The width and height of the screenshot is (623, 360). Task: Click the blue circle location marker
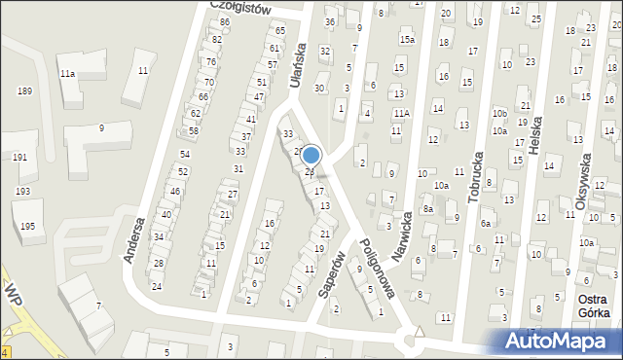pos(311,156)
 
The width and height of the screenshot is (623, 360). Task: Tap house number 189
pos(24,90)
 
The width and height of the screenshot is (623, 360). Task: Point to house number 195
pos(27,226)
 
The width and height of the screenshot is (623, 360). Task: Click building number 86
pos(225,21)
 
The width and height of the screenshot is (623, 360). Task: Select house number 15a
pos(406,40)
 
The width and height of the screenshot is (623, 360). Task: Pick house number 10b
pos(499,114)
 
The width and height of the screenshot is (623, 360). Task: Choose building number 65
pos(280,31)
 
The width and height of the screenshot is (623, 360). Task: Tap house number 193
pos(22,192)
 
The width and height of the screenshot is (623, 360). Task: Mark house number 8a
pos(427,208)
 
